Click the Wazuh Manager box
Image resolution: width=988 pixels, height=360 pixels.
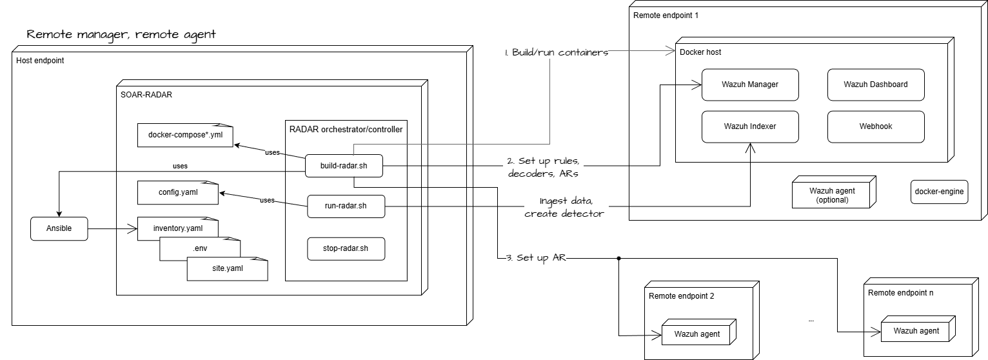point(749,85)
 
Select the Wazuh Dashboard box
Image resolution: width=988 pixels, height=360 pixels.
point(875,85)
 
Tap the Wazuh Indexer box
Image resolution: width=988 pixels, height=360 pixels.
point(749,126)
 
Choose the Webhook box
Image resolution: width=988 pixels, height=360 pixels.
point(875,126)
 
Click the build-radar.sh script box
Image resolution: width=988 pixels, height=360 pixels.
point(344,166)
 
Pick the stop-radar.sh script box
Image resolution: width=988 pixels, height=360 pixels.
point(346,248)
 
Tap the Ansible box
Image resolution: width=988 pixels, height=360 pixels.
point(59,228)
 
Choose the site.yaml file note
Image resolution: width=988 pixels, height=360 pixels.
point(227,268)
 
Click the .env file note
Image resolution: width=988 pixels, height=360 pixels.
point(200,248)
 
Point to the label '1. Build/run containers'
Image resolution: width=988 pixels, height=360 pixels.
point(557,53)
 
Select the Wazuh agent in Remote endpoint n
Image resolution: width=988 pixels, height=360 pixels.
point(916,331)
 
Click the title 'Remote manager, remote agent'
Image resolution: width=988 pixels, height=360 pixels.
point(121,34)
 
